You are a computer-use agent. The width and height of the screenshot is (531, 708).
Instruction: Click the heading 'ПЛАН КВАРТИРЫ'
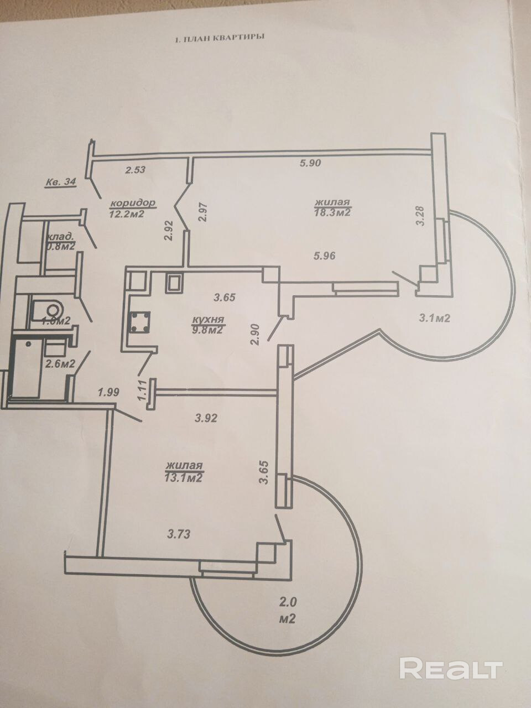221,39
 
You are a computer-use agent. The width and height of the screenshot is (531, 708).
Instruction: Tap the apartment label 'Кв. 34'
60,183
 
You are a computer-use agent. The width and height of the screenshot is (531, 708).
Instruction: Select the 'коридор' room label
132,202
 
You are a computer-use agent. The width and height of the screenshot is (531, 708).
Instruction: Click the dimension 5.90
310,163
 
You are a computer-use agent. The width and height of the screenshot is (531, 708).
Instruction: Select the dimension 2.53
135,170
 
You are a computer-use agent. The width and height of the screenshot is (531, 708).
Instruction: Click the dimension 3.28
421,215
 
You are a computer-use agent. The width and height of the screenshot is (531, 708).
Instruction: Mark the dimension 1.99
108,393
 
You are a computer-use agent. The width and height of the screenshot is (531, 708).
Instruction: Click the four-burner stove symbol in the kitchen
138,322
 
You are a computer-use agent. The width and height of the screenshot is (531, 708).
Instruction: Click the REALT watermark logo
451,669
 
